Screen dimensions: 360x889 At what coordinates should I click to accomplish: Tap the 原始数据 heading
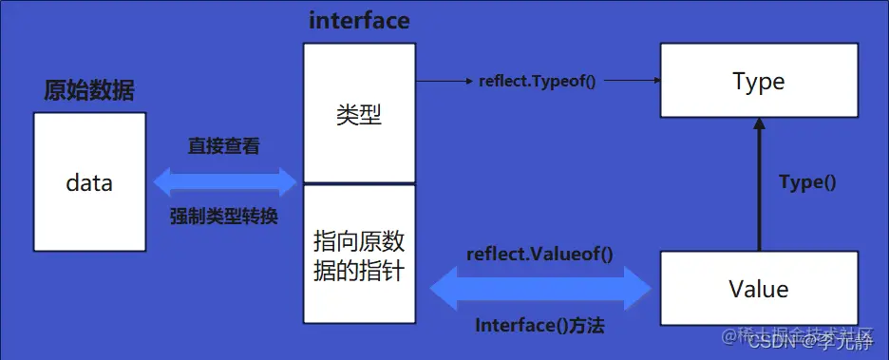tap(89, 91)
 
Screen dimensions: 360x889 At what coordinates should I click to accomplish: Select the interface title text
tap(359, 21)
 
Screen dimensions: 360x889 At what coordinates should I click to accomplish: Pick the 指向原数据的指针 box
tap(359, 253)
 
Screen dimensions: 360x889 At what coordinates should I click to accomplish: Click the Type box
tap(758, 82)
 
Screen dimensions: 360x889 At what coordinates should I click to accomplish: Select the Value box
tap(758, 288)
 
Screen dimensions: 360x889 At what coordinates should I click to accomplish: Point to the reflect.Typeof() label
tap(538, 82)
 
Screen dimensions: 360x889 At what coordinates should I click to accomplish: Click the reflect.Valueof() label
tap(539, 254)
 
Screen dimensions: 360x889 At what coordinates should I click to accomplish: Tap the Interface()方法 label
tap(539, 325)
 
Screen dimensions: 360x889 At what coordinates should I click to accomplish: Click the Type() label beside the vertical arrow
tap(806, 182)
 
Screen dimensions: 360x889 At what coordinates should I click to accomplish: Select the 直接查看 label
tap(224, 146)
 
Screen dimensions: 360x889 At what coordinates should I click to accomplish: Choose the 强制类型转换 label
tap(224, 215)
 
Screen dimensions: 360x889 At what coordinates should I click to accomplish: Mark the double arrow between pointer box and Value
tap(539, 288)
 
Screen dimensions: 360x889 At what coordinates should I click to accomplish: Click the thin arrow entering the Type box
tap(631, 82)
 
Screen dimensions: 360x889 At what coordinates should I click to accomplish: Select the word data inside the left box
tap(89, 182)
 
